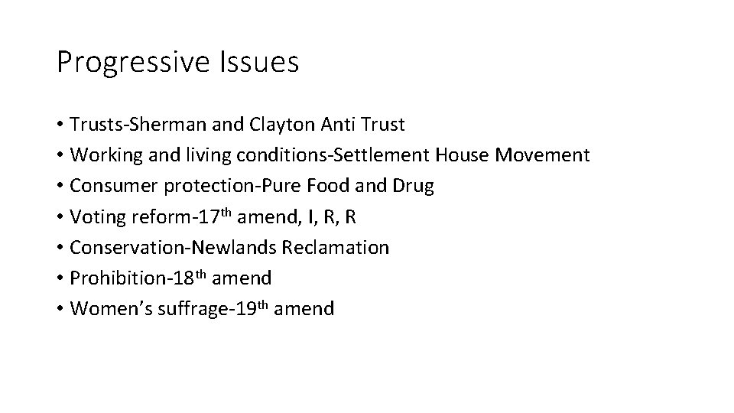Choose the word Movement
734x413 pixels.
pos(543,155)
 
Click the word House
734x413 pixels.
pos(463,155)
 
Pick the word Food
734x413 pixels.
pos(328,187)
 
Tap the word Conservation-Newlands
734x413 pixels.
pos(174,248)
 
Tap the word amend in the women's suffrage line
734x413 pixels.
pos(304,309)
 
